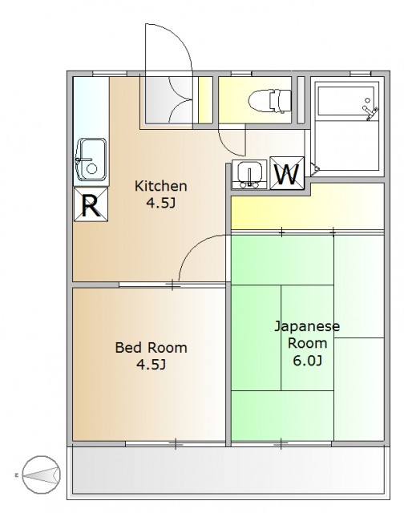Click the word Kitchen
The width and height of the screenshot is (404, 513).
(160, 186)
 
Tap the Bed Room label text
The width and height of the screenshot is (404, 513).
(151, 347)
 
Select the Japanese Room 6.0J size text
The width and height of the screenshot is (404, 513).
(307, 360)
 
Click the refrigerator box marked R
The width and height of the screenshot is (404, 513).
(91, 205)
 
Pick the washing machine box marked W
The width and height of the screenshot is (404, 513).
(287, 173)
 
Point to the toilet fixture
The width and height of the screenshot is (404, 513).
(269, 100)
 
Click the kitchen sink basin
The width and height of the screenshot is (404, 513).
(91, 160)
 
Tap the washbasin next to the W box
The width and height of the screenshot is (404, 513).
(249, 175)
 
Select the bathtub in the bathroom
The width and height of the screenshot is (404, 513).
(346, 100)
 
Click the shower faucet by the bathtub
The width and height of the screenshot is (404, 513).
(370, 111)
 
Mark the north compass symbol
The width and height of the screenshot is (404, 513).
(41, 475)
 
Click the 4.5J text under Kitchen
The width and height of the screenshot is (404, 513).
(160, 203)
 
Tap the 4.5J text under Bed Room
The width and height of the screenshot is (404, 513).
(151, 364)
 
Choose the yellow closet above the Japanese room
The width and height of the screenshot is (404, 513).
(308, 206)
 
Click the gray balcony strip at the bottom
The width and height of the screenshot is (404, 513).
(228, 471)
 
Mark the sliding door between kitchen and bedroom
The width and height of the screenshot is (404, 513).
(172, 285)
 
